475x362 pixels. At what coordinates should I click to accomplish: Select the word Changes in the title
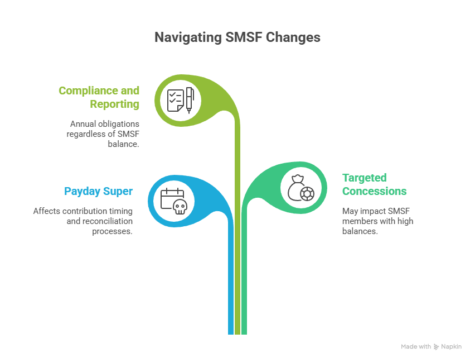[294, 37]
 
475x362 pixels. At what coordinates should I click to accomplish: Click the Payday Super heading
[98, 191]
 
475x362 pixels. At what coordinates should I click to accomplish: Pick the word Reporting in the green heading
[114, 104]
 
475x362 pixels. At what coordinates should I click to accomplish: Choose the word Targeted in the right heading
[365, 178]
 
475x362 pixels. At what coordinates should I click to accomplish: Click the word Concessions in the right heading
[374, 191]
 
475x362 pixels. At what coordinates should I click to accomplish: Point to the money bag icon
[297, 187]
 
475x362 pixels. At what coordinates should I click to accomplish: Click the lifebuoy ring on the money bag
[307, 194]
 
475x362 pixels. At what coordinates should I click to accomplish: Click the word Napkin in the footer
[452, 347]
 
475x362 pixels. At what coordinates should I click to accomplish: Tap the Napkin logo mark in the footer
[437, 347]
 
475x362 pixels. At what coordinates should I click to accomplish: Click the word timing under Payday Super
[121, 211]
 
